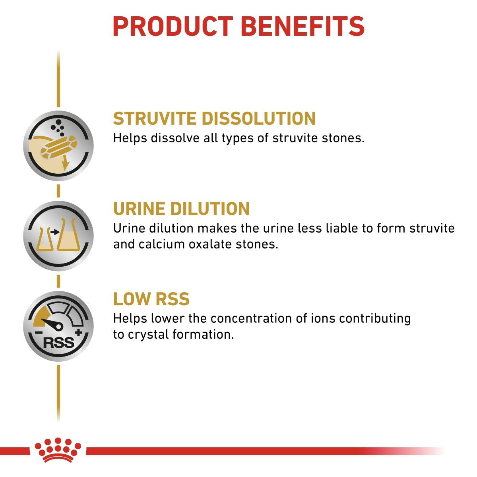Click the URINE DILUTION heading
point(181,209)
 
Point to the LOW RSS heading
point(151,299)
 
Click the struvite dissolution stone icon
point(58,146)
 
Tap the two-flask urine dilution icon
point(58,236)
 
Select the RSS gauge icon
point(58,326)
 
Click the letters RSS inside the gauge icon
point(58,342)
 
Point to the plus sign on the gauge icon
point(78,332)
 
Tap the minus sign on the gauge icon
point(39,332)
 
